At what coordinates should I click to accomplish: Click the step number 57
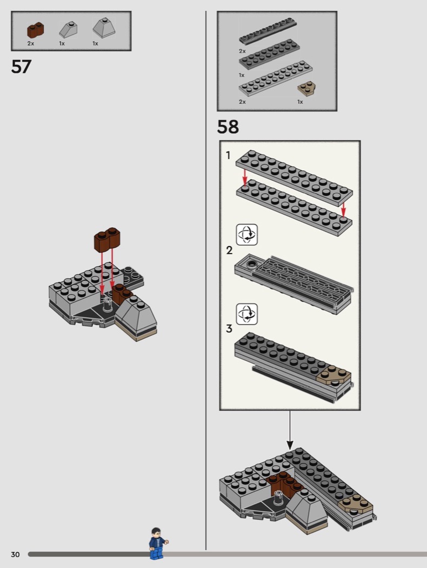coord(22,67)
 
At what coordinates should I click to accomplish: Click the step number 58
coord(228,127)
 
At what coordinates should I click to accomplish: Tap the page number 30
coord(15,554)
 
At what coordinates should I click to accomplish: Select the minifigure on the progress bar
coord(157,543)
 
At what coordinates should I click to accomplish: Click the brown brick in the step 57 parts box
coord(36,30)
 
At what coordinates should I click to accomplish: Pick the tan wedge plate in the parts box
coord(306,88)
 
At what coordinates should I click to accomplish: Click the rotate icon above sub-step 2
coord(247,234)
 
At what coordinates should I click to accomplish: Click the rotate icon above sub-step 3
coord(247,314)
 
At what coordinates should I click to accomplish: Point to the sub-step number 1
coord(228,155)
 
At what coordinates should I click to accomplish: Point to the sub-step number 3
coord(229,328)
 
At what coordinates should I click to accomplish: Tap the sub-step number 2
coord(229,250)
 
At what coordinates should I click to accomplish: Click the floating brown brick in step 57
coord(107,240)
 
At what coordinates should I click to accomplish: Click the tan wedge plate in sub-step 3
coord(333,375)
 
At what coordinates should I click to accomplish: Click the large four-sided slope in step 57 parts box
coord(104,28)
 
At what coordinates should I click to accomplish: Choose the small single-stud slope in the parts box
coord(69,30)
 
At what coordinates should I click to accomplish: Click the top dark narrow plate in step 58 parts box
coord(268,31)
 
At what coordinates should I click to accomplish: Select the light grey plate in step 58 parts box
coord(275,78)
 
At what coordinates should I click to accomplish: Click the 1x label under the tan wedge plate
coord(300,102)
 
